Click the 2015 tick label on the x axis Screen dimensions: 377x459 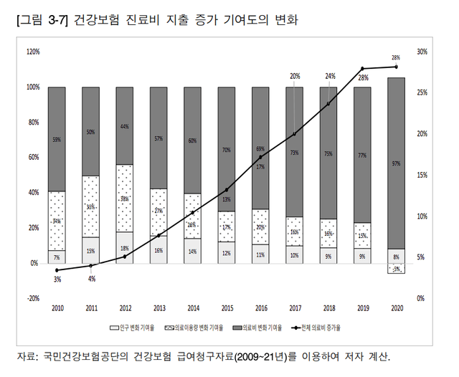[x=227, y=309]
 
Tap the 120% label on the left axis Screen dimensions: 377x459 [x=33, y=52]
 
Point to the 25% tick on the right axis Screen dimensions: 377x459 [x=422, y=93]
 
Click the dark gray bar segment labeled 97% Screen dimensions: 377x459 [x=396, y=163]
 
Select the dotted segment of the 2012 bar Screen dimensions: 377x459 [x=125, y=199]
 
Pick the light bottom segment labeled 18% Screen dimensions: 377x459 [x=125, y=248]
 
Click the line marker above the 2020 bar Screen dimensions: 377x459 [x=396, y=67]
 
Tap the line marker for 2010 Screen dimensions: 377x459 [x=57, y=270]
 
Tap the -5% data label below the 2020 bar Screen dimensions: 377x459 [x=396, y=269]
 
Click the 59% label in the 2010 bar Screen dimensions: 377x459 [x=57, y=140]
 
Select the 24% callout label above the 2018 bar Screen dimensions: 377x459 [x=330, y=76]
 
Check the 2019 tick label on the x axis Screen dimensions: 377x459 [x=362, y=309]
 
